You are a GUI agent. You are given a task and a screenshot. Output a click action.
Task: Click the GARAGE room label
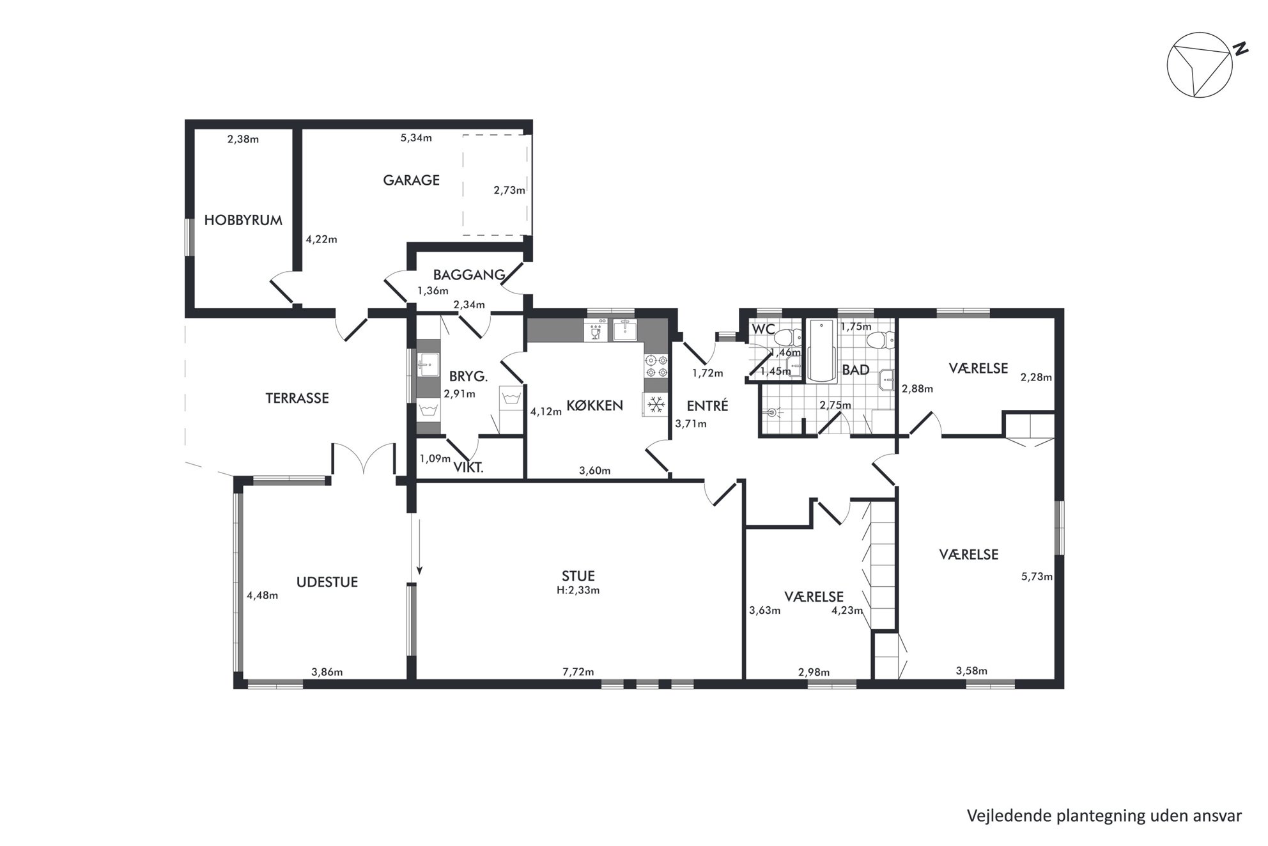click(411, 180)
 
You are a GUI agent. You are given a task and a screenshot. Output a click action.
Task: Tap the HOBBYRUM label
click(243, 220)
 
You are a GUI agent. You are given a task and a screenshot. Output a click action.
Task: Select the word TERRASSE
click(297, 398)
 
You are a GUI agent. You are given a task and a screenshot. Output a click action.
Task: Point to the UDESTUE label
click(327, 582)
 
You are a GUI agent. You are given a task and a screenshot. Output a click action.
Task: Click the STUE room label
click(578, 576)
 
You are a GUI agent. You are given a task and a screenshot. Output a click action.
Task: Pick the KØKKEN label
click(594, 405)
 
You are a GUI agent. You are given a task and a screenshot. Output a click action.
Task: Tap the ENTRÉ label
click(707, 405)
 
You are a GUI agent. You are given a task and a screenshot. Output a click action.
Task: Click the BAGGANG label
click(469, 275)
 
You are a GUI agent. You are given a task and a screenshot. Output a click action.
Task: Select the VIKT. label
click(468, 467)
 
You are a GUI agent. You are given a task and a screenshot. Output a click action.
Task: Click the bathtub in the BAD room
click(822, 351)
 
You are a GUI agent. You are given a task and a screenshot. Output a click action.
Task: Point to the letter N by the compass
click(1240, 49)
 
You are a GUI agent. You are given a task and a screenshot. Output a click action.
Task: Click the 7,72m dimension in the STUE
click(578, 671)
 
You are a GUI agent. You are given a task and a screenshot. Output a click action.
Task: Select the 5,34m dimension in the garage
click(416, 138)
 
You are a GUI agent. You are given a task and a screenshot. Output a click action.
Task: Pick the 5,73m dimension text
click(1037, 576)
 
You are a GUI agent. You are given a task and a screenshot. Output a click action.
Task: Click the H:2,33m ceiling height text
click(578, 590)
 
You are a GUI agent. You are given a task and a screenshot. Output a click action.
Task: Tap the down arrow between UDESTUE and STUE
click(419, 547)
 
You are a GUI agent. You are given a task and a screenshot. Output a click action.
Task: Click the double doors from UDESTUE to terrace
click(364, 458)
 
